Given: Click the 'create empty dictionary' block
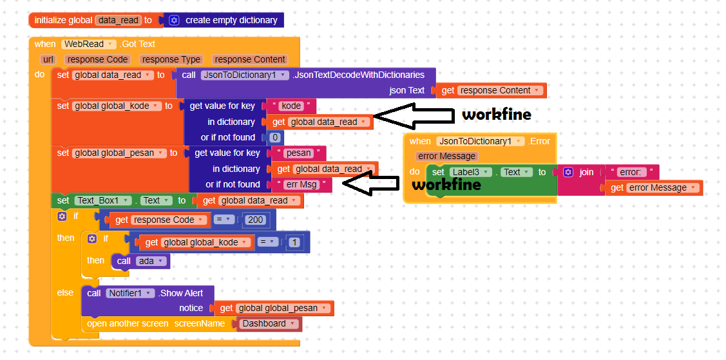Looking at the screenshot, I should (x=231, y=20).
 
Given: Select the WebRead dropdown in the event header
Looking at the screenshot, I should (x=89, y=44).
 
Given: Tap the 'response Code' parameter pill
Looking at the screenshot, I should (x=99, y=59).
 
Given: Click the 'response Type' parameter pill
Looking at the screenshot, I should (x=171, y=59).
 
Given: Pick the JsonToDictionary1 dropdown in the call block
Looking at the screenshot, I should (x=244, y=75).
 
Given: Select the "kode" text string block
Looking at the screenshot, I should (x=291, y=106).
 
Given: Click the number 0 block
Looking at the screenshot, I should (x=275, y=137).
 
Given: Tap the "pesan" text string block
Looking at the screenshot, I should (x=298, y=153).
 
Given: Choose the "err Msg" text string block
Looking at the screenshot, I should (x=300, y=184).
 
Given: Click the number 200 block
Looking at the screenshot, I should (x=256, y=220).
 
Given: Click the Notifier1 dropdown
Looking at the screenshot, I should (x=131, y=293).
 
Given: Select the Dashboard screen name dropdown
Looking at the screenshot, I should (x=269, y=324).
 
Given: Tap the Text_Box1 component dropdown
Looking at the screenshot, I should (x=103, y=200).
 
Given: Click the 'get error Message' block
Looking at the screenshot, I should (x=651, y=187).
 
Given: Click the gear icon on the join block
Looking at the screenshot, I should (x=568, y=172).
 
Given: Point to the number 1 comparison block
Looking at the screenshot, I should (x=294, y=243).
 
